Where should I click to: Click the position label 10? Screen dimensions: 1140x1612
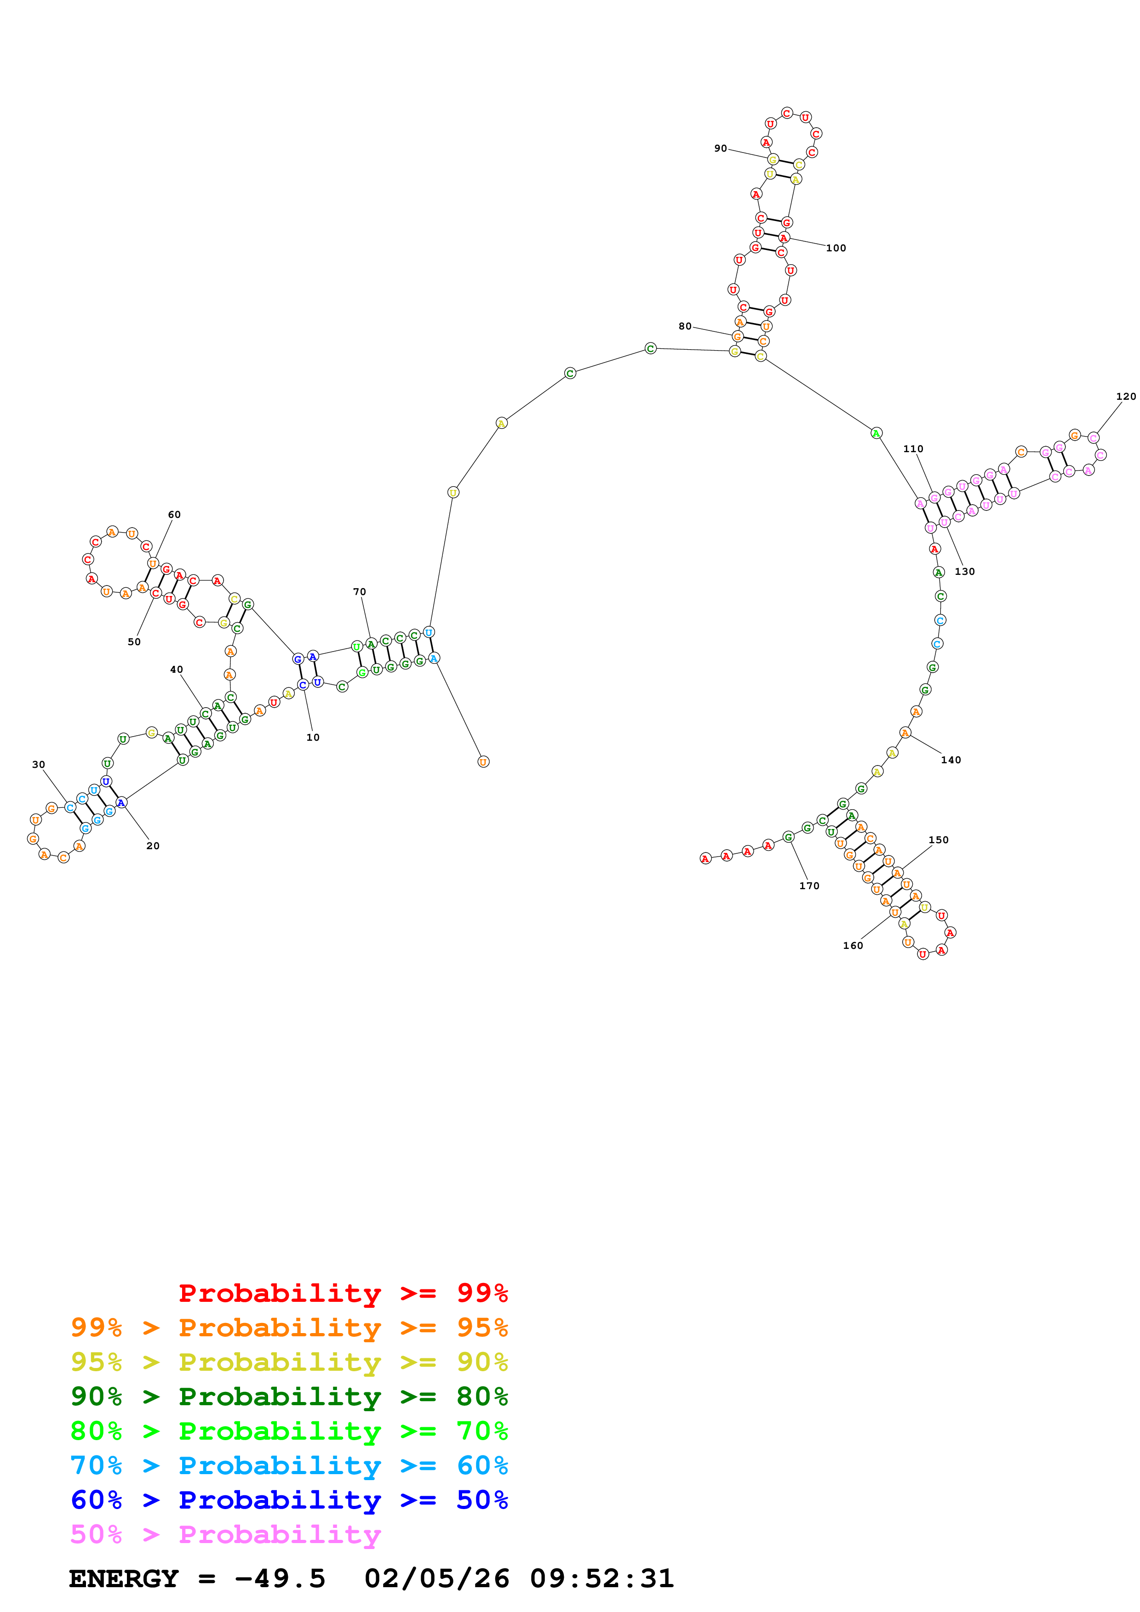[313, 737]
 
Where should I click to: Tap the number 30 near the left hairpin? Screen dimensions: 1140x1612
[39, 765]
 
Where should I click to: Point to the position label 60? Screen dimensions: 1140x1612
[174, 515]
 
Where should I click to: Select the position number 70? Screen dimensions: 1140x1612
[359, 592]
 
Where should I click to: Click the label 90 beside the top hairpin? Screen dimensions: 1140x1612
[721, 148]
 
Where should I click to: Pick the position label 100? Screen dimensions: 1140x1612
[836, 248]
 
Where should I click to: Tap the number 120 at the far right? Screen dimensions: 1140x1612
[1126, 396]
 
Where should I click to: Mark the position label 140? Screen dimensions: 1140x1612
[951, 760]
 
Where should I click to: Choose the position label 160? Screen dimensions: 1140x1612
[853, 946]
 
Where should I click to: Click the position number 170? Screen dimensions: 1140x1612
[809, 886]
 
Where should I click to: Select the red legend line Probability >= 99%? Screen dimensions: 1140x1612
[343, 1293]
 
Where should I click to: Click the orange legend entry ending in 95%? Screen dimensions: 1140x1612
[289, 1328]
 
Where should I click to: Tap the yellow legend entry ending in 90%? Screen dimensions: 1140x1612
[289, 1362]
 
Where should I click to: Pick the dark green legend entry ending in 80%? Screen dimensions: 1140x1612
[289, 1396]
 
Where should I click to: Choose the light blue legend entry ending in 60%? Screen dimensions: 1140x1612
[289, 1465]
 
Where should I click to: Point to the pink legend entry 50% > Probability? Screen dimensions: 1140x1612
[225, 1534]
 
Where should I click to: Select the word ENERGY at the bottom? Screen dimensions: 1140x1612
[124, 1579]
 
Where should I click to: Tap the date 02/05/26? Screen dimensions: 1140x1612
[436, 1579]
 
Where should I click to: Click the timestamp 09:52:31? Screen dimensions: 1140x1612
[602, 1579]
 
